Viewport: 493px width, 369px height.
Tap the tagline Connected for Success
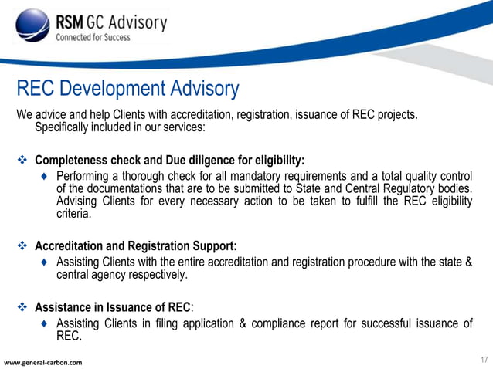(92, 38)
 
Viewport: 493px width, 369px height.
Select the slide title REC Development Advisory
(127, 89)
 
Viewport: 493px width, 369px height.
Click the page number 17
(484, 360)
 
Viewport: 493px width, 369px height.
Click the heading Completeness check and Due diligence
(169, 161)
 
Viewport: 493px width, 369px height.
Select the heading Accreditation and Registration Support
(135, 247)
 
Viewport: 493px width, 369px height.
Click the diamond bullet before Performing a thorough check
(46, 177)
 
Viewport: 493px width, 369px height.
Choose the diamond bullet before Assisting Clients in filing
(46, 323)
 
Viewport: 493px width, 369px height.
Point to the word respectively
(154, 275)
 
